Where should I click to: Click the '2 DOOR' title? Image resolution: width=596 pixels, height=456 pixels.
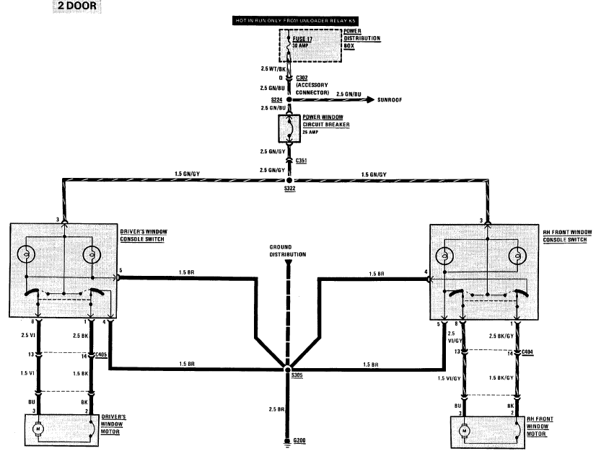pos(76,7)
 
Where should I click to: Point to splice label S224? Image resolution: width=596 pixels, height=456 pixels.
pos(276,100)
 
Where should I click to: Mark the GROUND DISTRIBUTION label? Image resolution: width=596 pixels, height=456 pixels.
pos(288,251)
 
